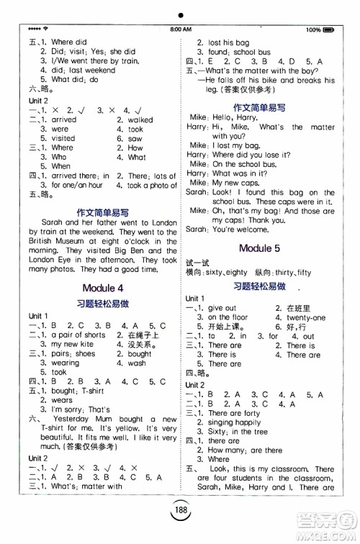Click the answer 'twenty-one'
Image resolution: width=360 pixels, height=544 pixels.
pyautogui.click(x=306, y=317)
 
